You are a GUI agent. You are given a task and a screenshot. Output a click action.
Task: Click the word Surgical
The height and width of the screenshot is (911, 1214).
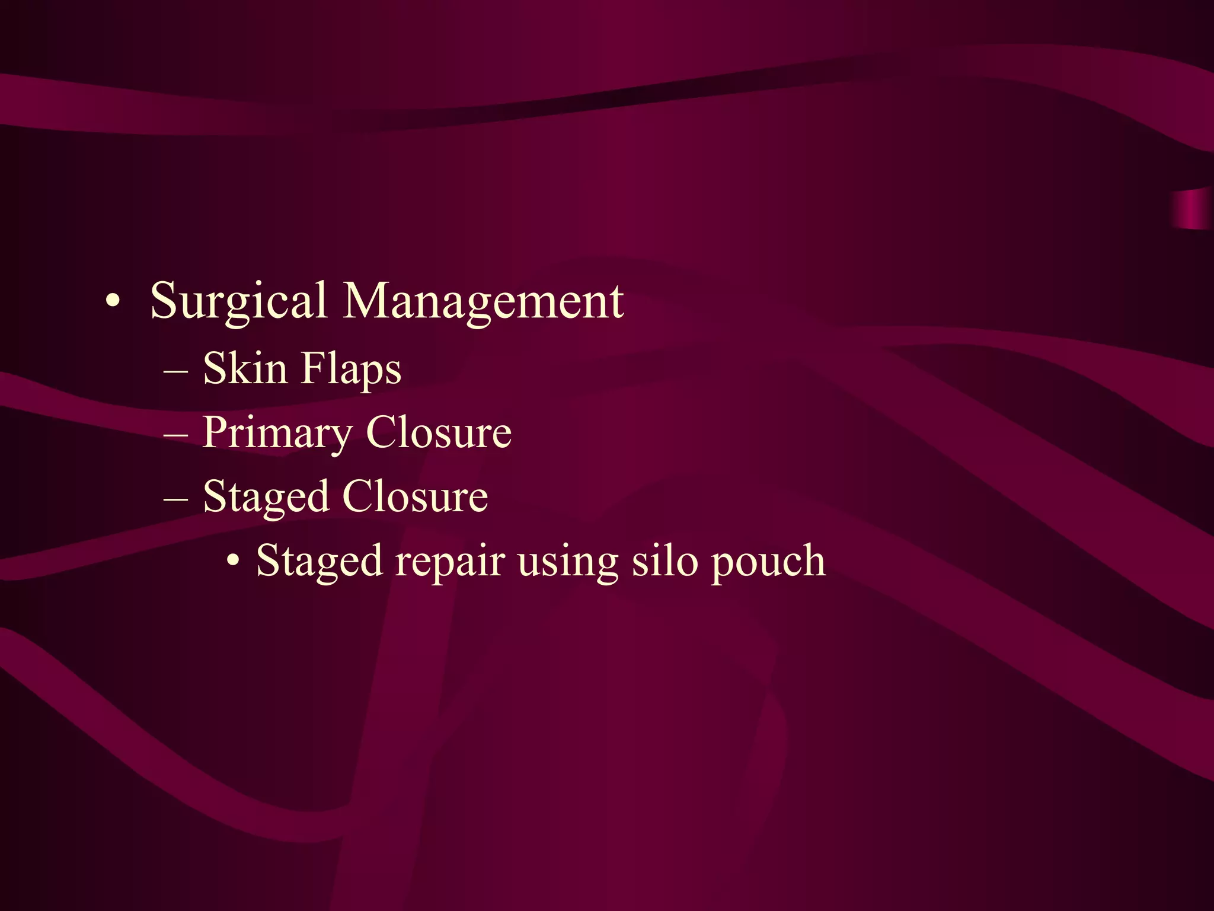(238, 301)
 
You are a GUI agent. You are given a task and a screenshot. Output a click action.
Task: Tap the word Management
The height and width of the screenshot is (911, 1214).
(483, 301)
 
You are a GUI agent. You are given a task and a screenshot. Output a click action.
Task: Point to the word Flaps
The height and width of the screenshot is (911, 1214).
(351, 370)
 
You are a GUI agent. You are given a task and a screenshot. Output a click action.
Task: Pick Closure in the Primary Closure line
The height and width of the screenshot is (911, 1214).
(439, 432)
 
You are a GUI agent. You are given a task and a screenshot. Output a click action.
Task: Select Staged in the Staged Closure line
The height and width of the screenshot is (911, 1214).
(266, 498)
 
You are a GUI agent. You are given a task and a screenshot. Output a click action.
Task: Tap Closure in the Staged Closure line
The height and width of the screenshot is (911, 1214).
(415, 496)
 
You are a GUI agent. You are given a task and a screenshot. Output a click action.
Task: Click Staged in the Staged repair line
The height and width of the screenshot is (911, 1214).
(319, 562)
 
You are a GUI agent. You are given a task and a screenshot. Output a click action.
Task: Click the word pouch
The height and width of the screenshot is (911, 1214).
(768, 562)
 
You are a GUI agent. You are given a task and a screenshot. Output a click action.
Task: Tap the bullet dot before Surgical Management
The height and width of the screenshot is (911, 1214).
(113, 302)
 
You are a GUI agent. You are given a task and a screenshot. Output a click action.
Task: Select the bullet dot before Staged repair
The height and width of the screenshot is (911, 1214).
(234, 560)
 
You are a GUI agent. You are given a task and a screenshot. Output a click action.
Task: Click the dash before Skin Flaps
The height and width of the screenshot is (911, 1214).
(176, 372)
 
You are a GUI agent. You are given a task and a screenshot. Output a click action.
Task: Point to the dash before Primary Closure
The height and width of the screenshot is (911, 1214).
(176, 436)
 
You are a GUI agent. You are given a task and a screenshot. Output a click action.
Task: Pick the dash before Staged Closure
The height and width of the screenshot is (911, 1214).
(176, 500)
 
